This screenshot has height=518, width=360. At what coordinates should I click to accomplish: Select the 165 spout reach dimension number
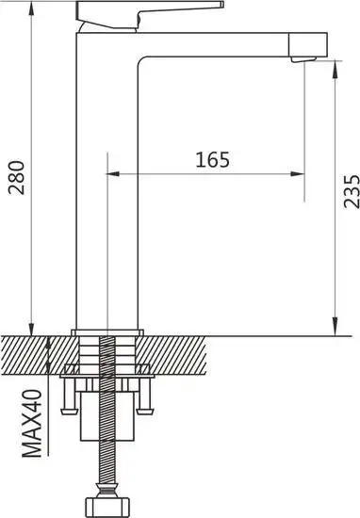pyautogui.click(x=213, y=160)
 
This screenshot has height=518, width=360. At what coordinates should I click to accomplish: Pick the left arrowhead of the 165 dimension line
pyautogui.click(x=115, y=174)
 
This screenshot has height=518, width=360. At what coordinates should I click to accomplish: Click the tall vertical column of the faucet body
pyautogui.click(x=108, y=188)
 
